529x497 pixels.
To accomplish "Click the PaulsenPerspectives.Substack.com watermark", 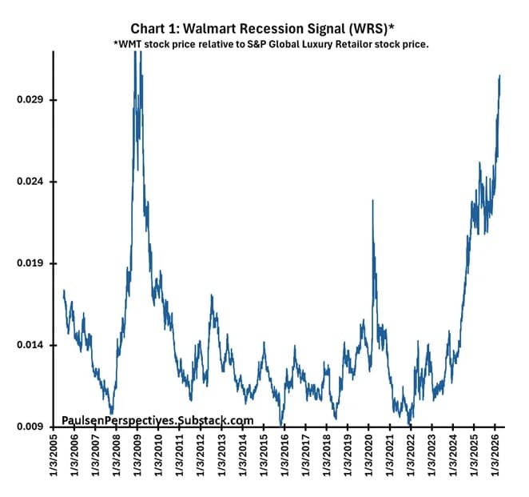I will pos(157,420).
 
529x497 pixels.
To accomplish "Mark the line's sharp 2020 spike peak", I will pos(373,200).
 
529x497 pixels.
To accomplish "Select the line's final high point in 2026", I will pos(499,75).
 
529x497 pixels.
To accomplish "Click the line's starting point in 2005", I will pos(63,291).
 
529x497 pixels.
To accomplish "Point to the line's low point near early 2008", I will pos(112,411).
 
